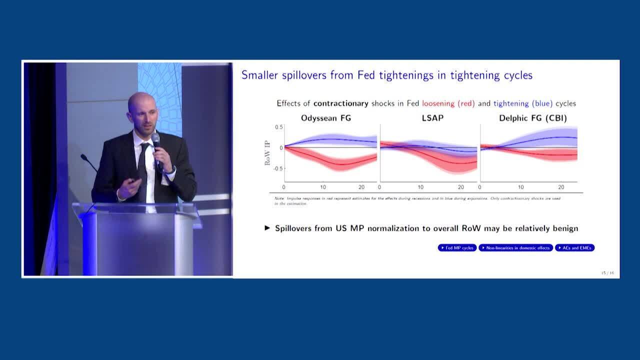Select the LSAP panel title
tap(428, 118)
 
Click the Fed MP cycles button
tap(457, 248)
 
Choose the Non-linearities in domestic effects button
tap(515, 248)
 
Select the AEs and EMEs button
tap(574, 248)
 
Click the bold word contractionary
tap(340, 103)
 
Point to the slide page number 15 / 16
tap(607, 273)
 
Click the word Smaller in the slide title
tap(261, 75)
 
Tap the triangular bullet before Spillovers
tap(267, 228)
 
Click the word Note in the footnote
tap(279, 198)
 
